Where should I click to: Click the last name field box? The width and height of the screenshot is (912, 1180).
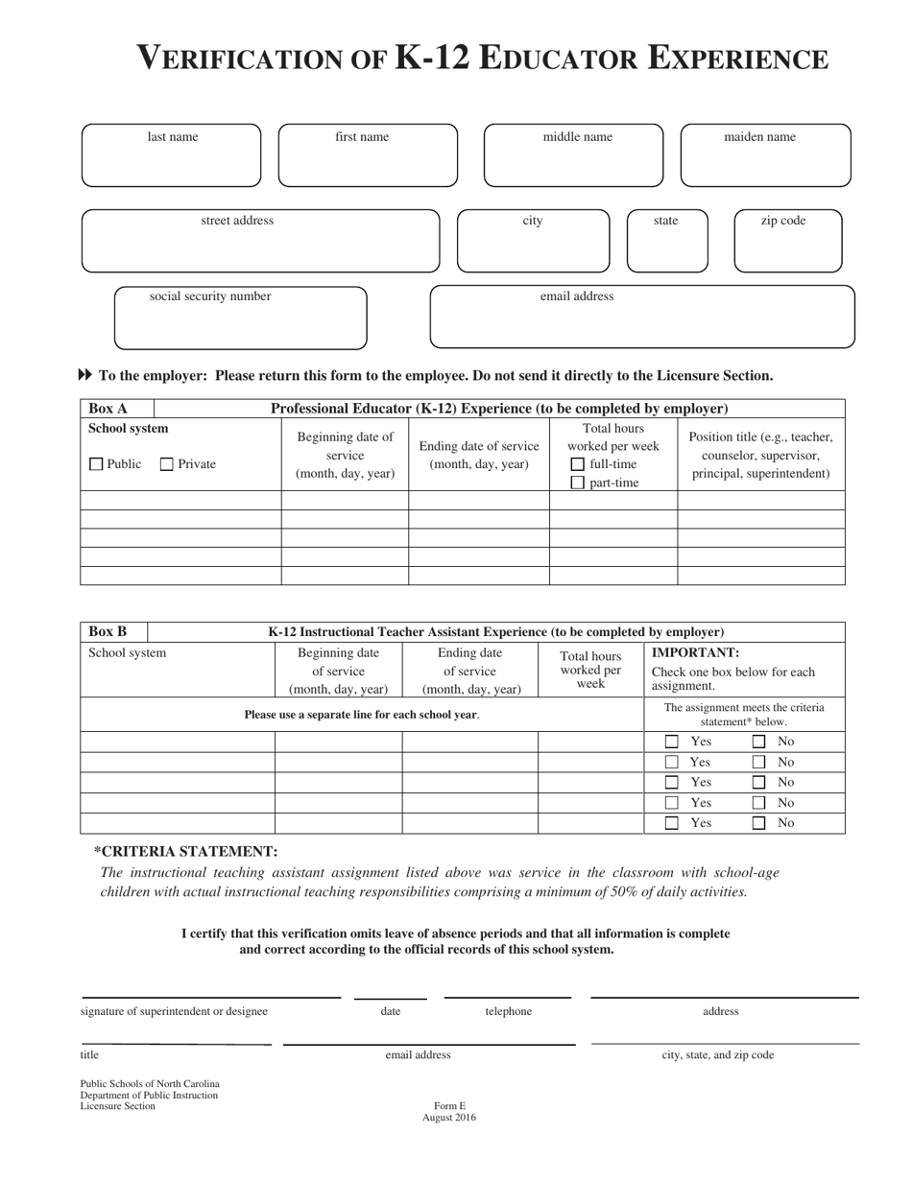[171, 155]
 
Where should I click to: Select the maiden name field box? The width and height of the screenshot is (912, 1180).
[765, 155]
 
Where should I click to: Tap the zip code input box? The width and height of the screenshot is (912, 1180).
[787, 242]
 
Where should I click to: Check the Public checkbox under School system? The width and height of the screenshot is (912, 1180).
[96, 465]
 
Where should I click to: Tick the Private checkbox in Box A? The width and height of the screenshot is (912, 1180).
[167, 465]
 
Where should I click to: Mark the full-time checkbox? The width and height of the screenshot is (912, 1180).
[578, 464]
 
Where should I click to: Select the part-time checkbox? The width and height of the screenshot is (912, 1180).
[578, 484]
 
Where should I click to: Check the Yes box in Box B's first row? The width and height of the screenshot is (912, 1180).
[672, 742]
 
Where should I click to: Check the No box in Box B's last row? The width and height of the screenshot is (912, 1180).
[758, 823]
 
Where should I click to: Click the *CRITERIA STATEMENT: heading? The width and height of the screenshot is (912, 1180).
[186, 852]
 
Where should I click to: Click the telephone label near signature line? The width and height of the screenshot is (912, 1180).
[508, 1011]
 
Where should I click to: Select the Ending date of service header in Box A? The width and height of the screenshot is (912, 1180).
[479, 455]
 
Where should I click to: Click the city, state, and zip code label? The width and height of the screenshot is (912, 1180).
[718, 1055]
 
